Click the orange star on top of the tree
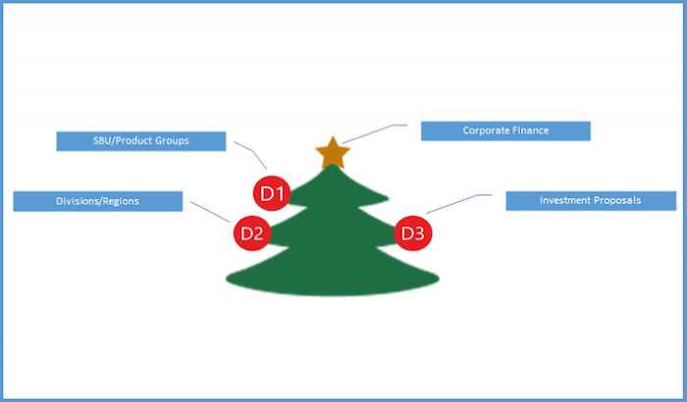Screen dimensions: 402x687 (333, 153)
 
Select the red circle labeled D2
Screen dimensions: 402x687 (250, 233)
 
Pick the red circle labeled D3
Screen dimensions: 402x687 (412, 233)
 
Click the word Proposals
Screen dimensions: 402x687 (617, 200)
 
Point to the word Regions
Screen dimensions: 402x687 (119, 201)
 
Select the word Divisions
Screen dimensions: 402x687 (76, 201)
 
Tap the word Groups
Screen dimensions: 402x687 (171, 141)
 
